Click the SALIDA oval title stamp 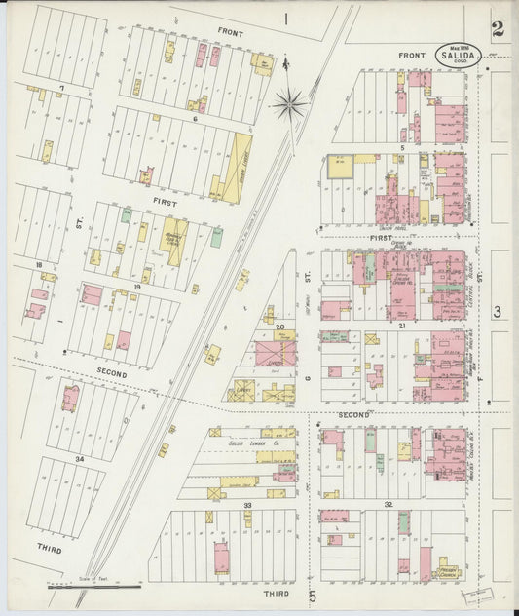coord(459,55)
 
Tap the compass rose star coord(290,102)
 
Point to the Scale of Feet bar coord(94,587)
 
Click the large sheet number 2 coord(498,30)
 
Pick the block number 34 coord(66,457)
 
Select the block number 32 coord(389,504)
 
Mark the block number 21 coord(401,326)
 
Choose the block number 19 coord(137,288)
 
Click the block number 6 coord(196,118)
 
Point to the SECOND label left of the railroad coord(111,372)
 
